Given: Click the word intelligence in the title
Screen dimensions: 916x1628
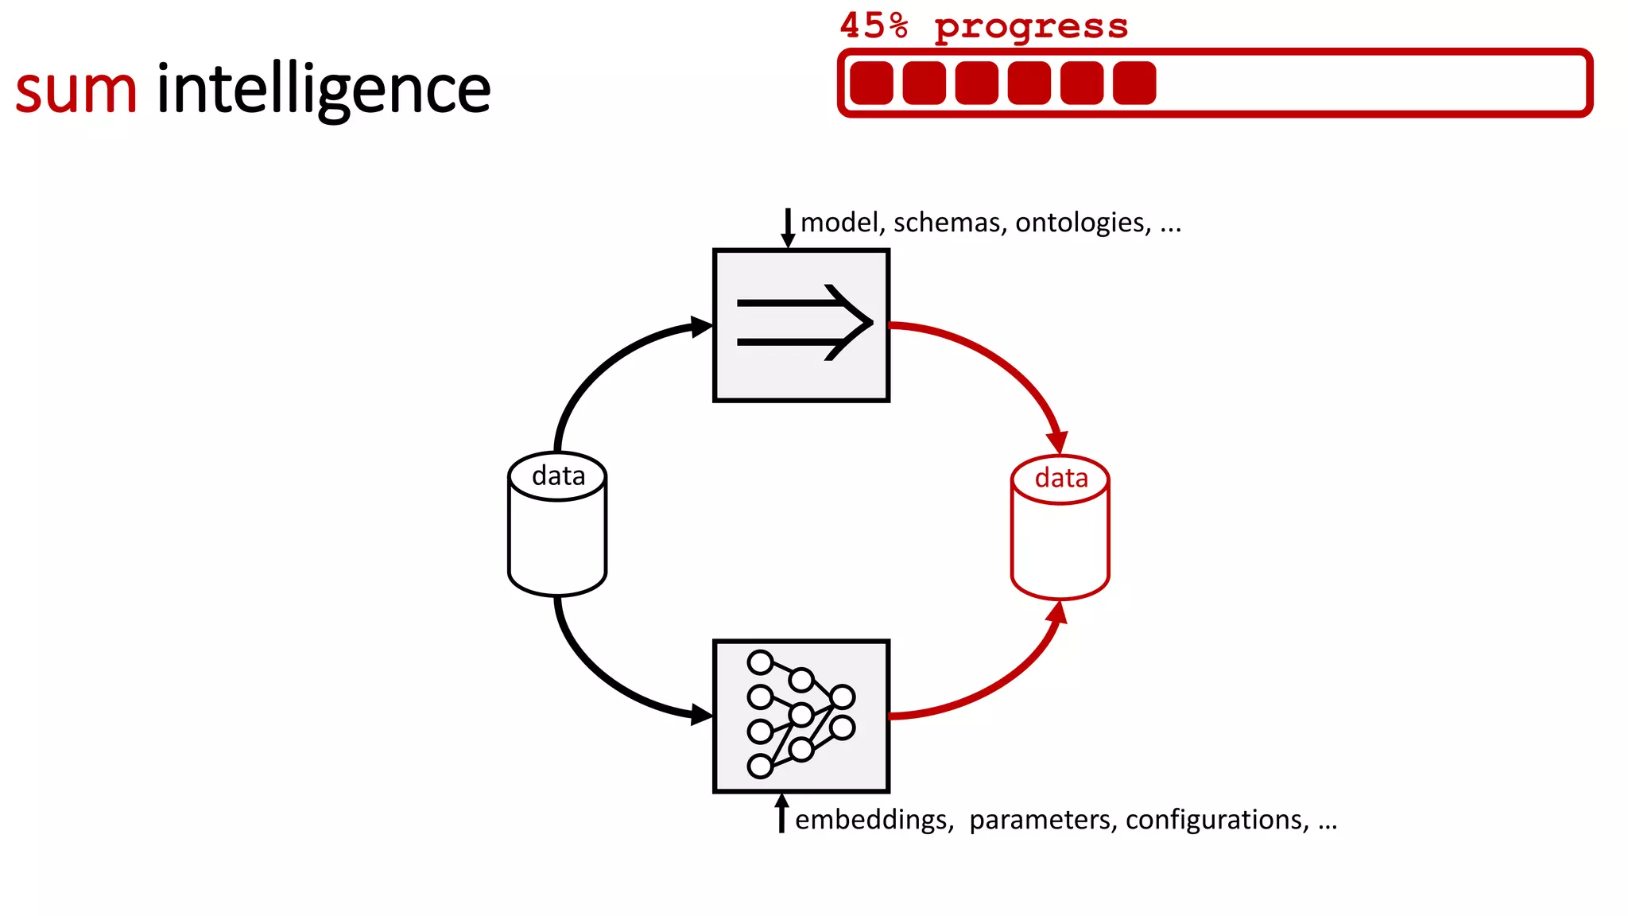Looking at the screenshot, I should [x=324, y=89].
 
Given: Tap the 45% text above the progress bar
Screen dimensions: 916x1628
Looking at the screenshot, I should [x=874, y=26].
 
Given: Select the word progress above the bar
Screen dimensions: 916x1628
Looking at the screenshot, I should [x=1031, y=28].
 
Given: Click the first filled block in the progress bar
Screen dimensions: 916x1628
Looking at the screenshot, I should [x=871, y=83].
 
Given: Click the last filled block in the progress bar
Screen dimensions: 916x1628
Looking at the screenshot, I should [x=1134, y=83].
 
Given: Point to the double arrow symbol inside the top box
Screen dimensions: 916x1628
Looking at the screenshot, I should [x=804, y=323].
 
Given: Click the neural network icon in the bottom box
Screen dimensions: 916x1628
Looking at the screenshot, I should [x=800, y=715].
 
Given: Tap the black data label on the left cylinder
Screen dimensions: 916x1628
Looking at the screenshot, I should [x=558, y=475].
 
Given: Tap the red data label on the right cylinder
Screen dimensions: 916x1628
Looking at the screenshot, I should [x=1061, y=478].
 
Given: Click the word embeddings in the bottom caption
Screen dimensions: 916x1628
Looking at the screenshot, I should [x=874, y=820].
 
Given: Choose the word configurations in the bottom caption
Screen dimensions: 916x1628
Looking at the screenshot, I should [x=1217, y=820].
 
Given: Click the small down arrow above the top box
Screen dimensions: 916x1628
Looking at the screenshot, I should [x=788, y=228].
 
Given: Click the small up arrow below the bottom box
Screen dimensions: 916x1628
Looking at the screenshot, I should [x=781, y=813].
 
